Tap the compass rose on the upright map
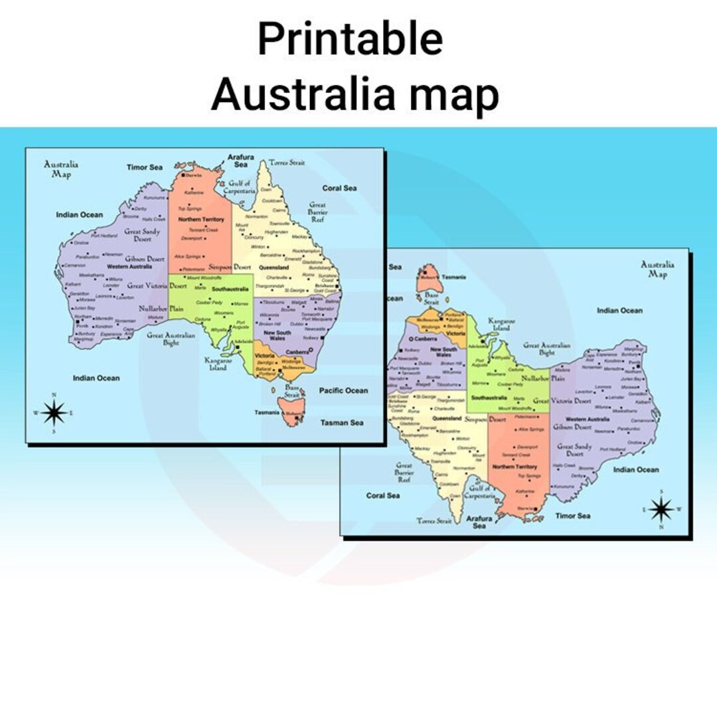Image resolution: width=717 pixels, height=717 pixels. coord(54,413)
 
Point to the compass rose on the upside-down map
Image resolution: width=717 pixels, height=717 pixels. coord(661,509)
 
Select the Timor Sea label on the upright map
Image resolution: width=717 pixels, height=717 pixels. coord(145,167)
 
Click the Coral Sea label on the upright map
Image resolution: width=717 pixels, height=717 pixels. coord(339,188)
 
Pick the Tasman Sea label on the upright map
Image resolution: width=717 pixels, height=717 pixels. coord(342,422)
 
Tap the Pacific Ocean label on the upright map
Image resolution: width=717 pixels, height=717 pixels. coord(343,390)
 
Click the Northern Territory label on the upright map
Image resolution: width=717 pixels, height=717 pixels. coord(201,219)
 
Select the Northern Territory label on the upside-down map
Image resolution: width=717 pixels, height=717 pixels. coord(515,467)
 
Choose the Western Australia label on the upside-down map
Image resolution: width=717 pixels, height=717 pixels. coord(588,419)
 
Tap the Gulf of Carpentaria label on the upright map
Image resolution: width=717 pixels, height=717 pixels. coord(239,187)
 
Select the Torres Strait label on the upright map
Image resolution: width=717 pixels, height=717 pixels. coord(287,163)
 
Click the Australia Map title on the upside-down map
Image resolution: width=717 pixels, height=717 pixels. coord(657,269)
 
